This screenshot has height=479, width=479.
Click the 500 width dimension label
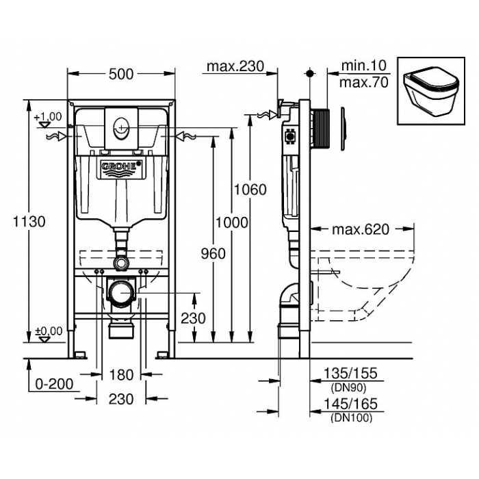(121, 74)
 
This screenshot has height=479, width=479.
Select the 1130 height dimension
(29, 222)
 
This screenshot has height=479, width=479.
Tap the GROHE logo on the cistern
(121, 167)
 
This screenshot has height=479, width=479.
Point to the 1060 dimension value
(250, 190)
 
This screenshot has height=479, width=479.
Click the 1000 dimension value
(232, 222)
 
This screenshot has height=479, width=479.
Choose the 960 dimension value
(213, 254)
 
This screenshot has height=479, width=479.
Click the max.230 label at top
(235, 66)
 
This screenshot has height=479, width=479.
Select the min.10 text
(364, 66)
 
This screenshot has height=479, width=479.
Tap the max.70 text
(364, 83)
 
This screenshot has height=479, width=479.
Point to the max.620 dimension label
(361, 230)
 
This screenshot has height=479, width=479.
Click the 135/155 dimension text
(350, 374)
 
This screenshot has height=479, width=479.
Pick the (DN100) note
(351, 417)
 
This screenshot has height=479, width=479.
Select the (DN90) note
(348, 388)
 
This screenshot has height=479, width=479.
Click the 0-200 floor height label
(54, 384)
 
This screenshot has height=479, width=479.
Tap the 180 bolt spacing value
(121, 375)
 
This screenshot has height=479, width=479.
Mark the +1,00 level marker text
(48, 117)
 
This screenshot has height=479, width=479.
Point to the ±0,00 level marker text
(49, 331)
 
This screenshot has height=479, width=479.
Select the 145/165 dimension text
(350, 404)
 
